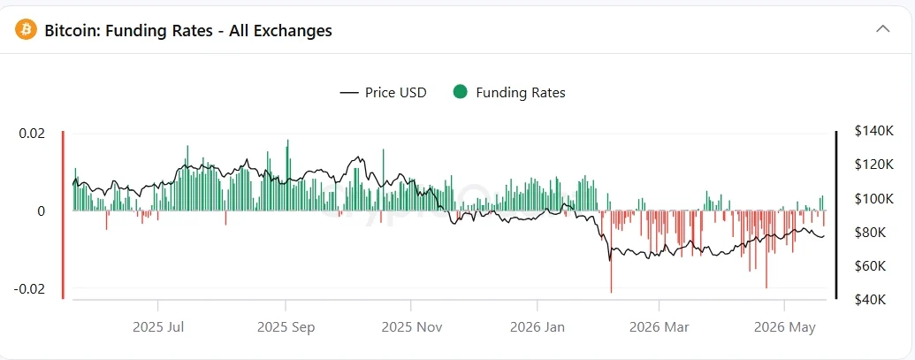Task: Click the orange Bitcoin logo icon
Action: (x=26, y=29)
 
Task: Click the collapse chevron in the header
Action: (x=883, y=28)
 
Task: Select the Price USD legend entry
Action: (x=383, y=93)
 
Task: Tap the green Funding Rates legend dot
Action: (x=460, y=92)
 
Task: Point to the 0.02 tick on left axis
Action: (x=32, y=133)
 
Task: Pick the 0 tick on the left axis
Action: (x=41, y=211)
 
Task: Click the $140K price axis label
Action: (x=873, y=131)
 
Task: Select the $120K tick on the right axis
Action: (x=873, y=165)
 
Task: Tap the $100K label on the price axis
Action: (x=873, y=199)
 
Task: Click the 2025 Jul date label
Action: (x=158, y=327)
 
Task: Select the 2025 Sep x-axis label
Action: (x=286, y=327)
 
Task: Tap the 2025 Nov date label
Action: (x=411, y=327)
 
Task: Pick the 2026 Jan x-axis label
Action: (x=538, y=327)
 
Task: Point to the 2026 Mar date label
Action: (x=660, y=327)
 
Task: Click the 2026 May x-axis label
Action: (x=785, y=327)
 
